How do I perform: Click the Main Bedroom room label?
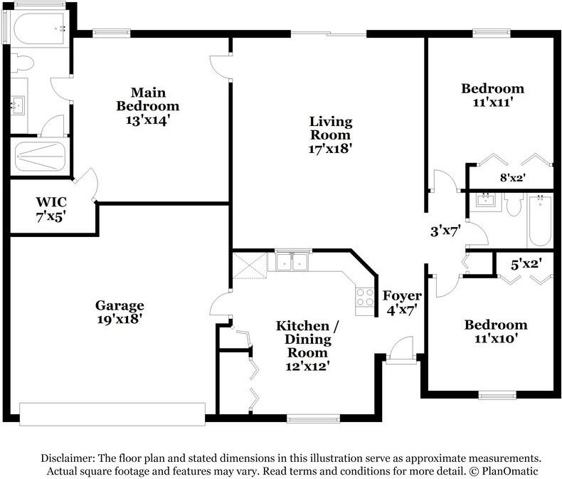[148, 100]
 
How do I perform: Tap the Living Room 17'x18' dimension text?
[329, 149]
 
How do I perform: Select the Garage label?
[120, 305]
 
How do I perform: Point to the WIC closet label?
[51, 202]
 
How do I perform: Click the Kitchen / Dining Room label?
[307, 339]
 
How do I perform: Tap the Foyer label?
[402, 296]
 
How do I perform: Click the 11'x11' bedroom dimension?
[492, 102]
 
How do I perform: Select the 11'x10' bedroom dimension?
[496, 338]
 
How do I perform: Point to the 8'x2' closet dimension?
[512, 177]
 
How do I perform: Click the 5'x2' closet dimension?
[526, 265]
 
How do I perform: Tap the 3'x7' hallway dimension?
[445, 231]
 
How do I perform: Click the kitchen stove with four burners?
[365, 298]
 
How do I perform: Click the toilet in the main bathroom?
[22, 63]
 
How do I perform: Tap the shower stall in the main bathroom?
[40, 157]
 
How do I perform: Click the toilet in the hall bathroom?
[513, 204]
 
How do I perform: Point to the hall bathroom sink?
[486, 201]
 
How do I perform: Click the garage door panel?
[112, 414]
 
